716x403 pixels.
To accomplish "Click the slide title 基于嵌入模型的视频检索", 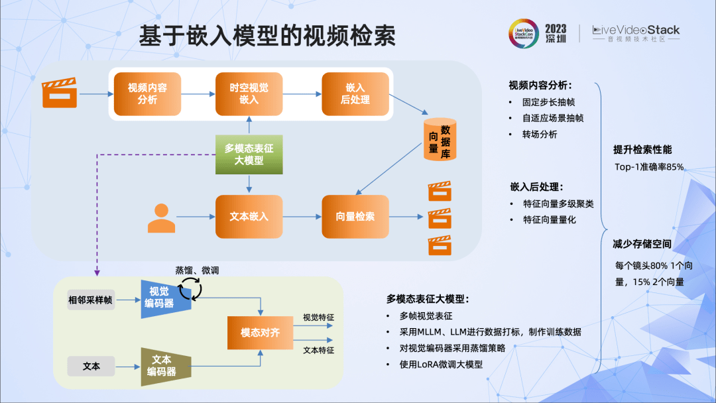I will (267, 37).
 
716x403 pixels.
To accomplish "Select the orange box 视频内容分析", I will (147, 93).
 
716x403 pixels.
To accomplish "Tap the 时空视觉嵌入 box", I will (249, 93).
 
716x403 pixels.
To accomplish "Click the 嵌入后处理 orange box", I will (355, 93).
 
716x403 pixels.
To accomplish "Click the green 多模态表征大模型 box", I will (249, 154).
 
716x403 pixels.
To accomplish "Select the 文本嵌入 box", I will (249, 217).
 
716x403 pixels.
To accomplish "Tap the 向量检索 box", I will (355, 217).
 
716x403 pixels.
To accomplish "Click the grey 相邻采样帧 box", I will (90, 300).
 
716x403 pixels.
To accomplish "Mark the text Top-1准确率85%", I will (648, 167).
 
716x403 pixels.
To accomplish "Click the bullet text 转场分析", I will (540, 134).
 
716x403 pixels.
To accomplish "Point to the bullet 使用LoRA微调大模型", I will (440, 365).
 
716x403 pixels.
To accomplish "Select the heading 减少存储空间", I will (642, 244).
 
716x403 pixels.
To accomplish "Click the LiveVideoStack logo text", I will (636, 30).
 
